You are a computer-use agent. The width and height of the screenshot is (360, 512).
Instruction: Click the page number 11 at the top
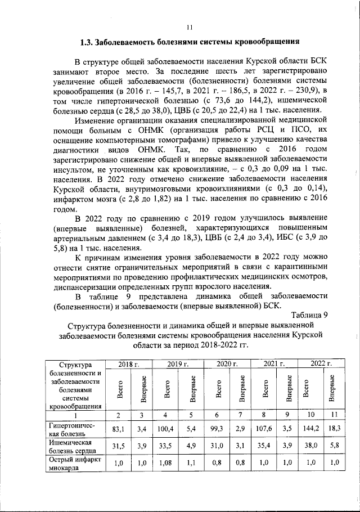[190, 26]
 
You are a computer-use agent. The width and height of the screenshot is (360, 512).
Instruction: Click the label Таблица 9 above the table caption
[310, 314]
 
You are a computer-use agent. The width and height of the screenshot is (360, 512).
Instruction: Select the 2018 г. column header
[128, 365]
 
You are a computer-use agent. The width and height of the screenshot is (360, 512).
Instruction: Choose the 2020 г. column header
[228, 365]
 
